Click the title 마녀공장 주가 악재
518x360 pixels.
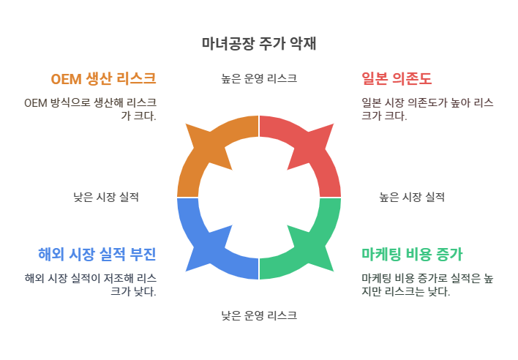coord(259,43)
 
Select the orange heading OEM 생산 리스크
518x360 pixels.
coord(103,78)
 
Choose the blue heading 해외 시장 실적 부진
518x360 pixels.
coord(97,254)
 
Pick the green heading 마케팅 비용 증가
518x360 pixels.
coord(412,254)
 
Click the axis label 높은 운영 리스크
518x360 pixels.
coord(259,78)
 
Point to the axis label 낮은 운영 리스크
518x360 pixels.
coord(259,316)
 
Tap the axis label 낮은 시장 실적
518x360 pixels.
coord(106,197)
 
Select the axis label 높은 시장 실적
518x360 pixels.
coord(412,197)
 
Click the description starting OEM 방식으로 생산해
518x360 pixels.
coord(90,109)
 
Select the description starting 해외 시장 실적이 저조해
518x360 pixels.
coord(90,285)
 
